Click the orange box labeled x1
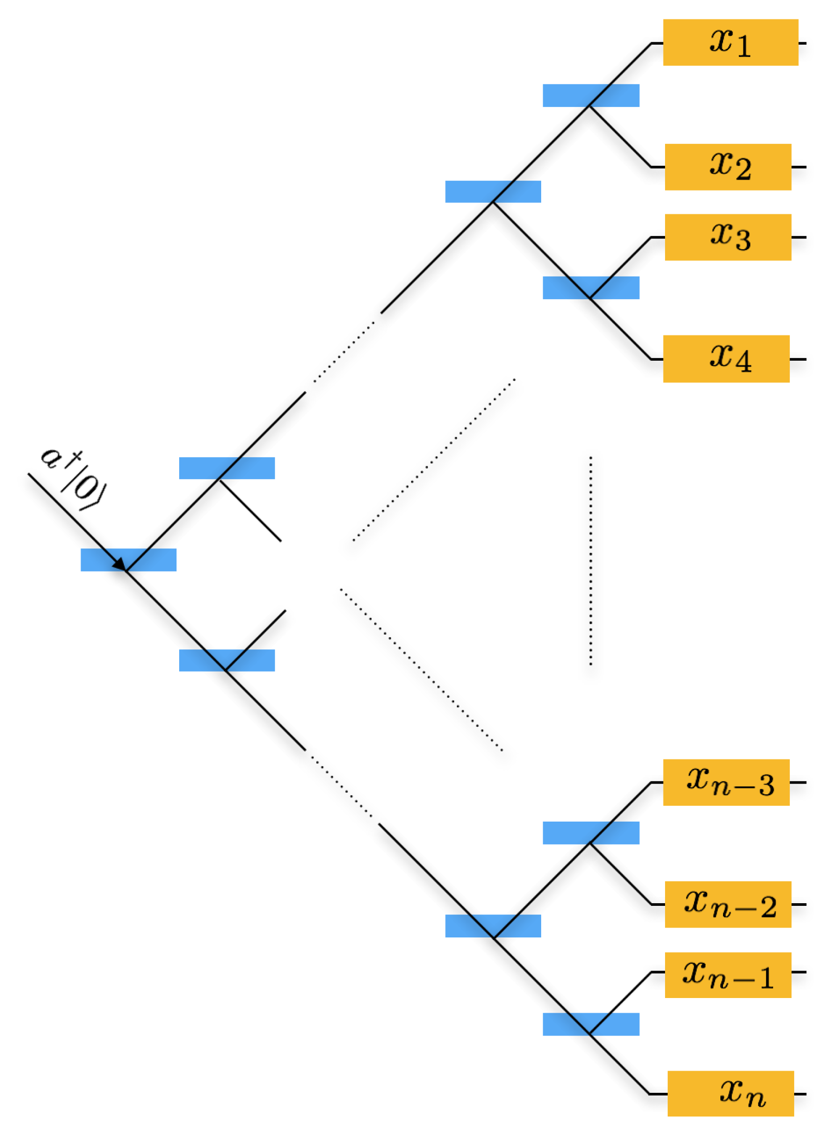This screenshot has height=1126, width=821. coord(730,43)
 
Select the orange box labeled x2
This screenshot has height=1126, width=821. coord(727,166)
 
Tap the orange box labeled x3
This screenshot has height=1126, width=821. coord(727,237)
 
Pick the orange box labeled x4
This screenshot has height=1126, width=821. coord(726,359)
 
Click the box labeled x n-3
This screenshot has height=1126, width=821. coord(726,782)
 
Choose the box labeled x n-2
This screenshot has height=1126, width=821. coord(727,904)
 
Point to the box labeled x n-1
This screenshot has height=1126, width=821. coord(727,974)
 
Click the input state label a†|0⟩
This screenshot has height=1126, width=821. coord(74,479)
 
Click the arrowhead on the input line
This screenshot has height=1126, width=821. coord(120,564)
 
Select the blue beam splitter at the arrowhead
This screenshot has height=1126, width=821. coord(128,559)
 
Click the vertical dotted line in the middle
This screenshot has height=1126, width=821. coord(590,561)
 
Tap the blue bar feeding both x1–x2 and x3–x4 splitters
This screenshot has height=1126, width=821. coord(493,191)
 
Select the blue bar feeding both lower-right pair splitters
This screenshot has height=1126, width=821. coord(493,926)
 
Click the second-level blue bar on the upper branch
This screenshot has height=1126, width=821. coord(227,468)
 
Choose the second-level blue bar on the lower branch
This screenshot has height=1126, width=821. coord(227,660)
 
